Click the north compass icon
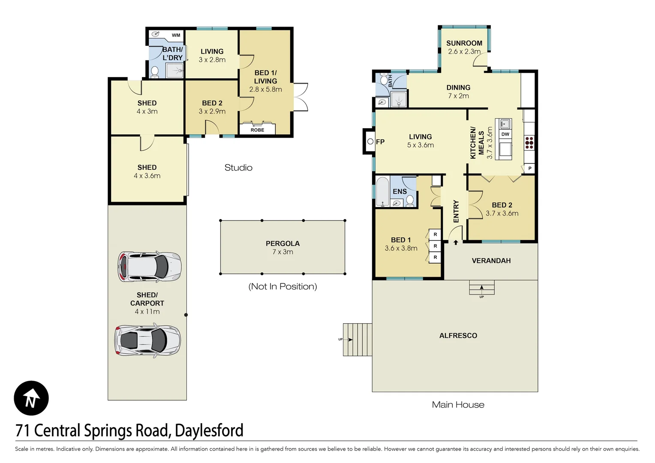pos(31,398)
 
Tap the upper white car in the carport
pos(149,267)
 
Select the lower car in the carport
pos(147,340)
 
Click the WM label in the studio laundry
pos(176,35)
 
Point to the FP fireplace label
pos(380,142)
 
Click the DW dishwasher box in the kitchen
pos(505,134)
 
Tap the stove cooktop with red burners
pos(529,142)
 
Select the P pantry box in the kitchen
pos(530,168)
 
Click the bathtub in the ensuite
pos(382,192)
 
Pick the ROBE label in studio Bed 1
pos(257,130)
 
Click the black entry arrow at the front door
pos(456,243)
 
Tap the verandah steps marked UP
pos(481,288)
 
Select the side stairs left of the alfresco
pos(357,340)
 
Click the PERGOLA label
pos(282,244)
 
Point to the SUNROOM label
pos(464,43)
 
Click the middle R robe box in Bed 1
pos(435,246)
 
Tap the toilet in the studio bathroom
pos(155,72)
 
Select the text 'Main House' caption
pos(458,405)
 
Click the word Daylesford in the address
pos(209,430)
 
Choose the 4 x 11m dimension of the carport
pos(147,312)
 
